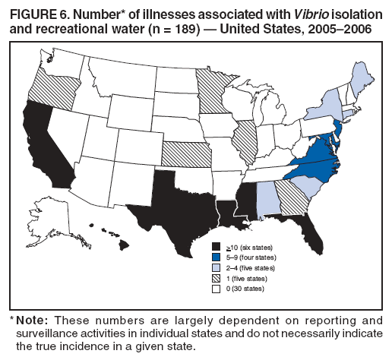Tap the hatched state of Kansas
click(186, 154)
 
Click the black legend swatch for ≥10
click(217, 248)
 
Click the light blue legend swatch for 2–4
click(217, 268)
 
